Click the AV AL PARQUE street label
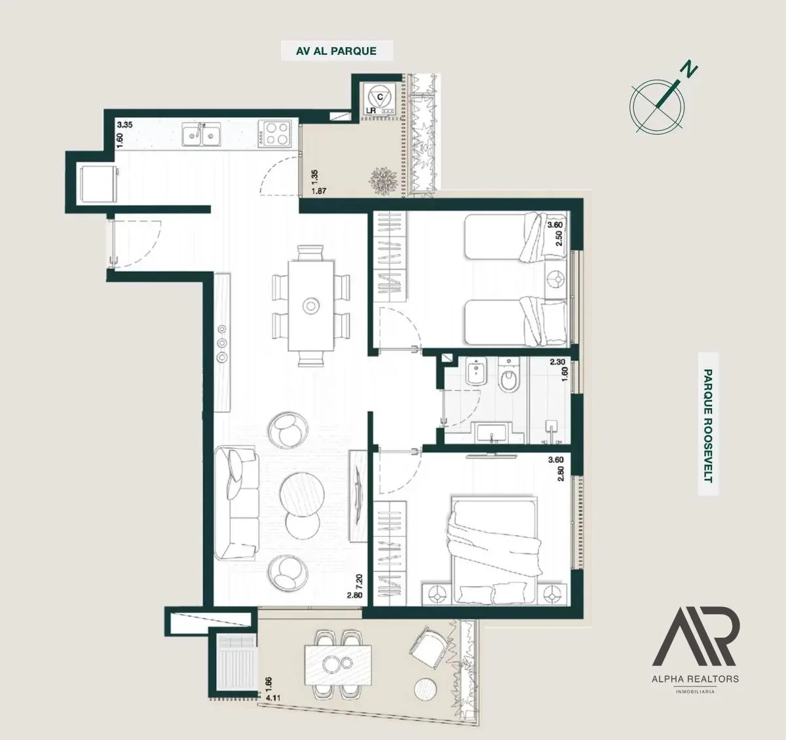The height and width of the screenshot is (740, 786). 337,51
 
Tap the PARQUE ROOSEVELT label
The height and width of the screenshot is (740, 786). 708,426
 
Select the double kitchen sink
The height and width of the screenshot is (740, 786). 202,134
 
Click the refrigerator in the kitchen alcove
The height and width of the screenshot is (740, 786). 98,185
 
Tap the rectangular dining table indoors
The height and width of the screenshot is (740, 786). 310,305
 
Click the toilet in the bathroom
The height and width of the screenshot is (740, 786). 508,375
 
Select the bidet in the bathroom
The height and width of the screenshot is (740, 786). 476,371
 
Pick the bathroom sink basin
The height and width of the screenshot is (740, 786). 491,433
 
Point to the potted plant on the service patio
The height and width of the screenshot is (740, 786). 383,181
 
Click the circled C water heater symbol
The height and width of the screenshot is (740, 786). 380,97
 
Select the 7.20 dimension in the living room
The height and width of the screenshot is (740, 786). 359,582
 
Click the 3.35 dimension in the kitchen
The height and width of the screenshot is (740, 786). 124,125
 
